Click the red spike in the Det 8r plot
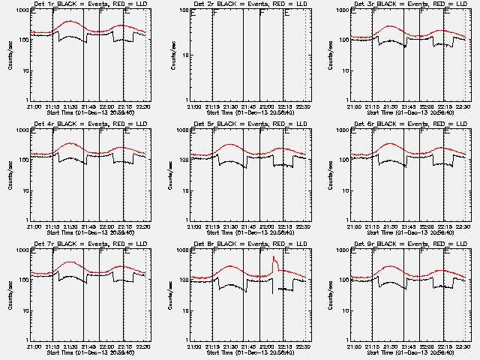274,262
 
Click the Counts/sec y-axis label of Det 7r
9,294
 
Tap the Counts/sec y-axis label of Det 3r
330,54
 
